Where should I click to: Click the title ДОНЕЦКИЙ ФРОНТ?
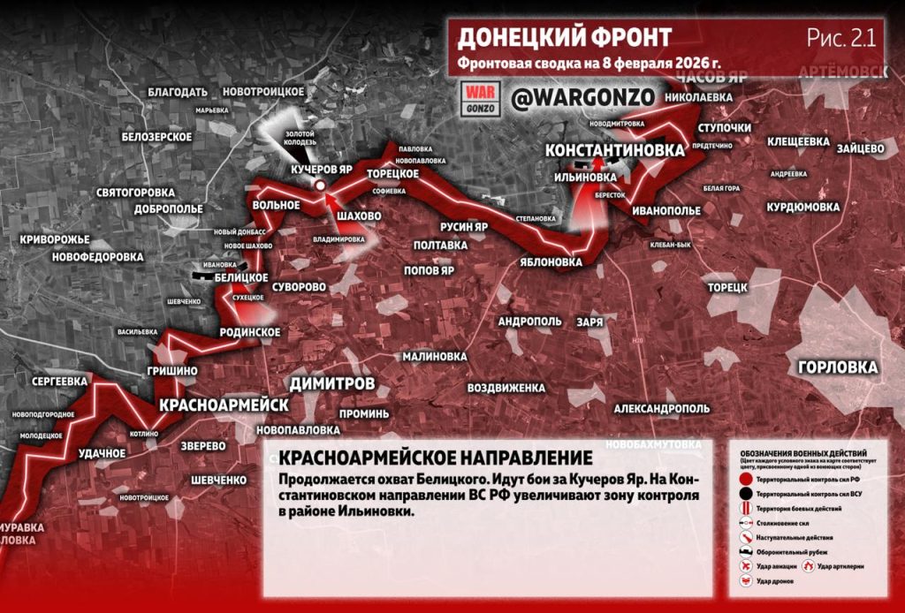tap(565, 37)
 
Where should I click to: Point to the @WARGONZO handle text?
tap(582, 97)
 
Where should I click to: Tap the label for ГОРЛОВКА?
tap(837, 367)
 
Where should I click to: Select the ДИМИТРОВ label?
tap(332, 383)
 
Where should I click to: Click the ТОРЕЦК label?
tap(727, 287)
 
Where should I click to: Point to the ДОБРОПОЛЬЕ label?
tap(169, 209)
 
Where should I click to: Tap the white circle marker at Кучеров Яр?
tap(320, 185)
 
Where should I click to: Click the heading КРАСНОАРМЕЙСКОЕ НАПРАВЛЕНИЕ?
tap(434, 458)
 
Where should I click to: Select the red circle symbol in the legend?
tap(746, 478)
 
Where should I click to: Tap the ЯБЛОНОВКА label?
tap(551, 262)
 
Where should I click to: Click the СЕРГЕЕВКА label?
tap(58, 381)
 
